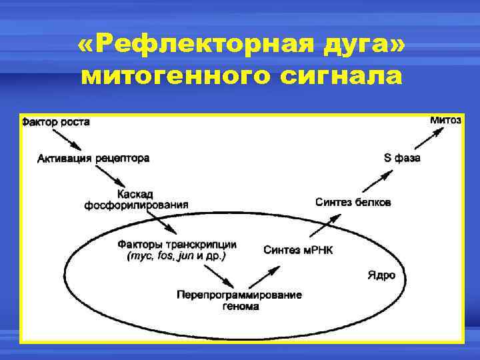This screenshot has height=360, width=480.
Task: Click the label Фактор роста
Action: click(55, 122)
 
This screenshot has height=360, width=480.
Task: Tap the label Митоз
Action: click(445, 120)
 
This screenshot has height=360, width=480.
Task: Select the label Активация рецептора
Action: click(93, 159)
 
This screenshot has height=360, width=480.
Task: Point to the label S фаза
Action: click(402, 159)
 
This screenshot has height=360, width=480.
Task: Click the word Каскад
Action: click(135, 194)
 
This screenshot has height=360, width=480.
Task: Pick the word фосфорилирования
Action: click(136, 205)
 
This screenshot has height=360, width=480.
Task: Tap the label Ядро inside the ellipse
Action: click(381, 275)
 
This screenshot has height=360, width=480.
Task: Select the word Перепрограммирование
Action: click(239, 295)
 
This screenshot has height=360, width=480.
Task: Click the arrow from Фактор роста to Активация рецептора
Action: click(67, 139)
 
